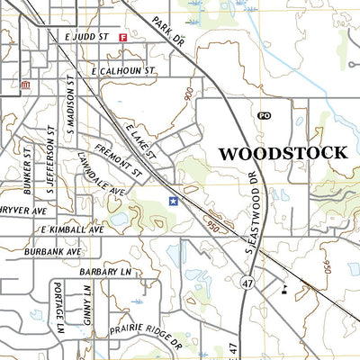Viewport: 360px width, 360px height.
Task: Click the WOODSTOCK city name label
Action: pyautogui.click(x=283, y=152)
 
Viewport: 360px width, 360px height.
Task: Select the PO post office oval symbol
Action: pyautogui.click(x=264, y=115)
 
